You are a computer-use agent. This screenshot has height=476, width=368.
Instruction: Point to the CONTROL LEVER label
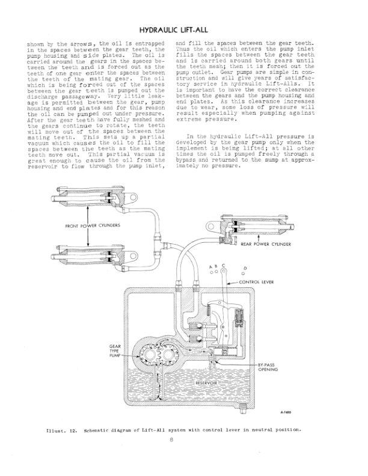[x=259, y=281]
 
